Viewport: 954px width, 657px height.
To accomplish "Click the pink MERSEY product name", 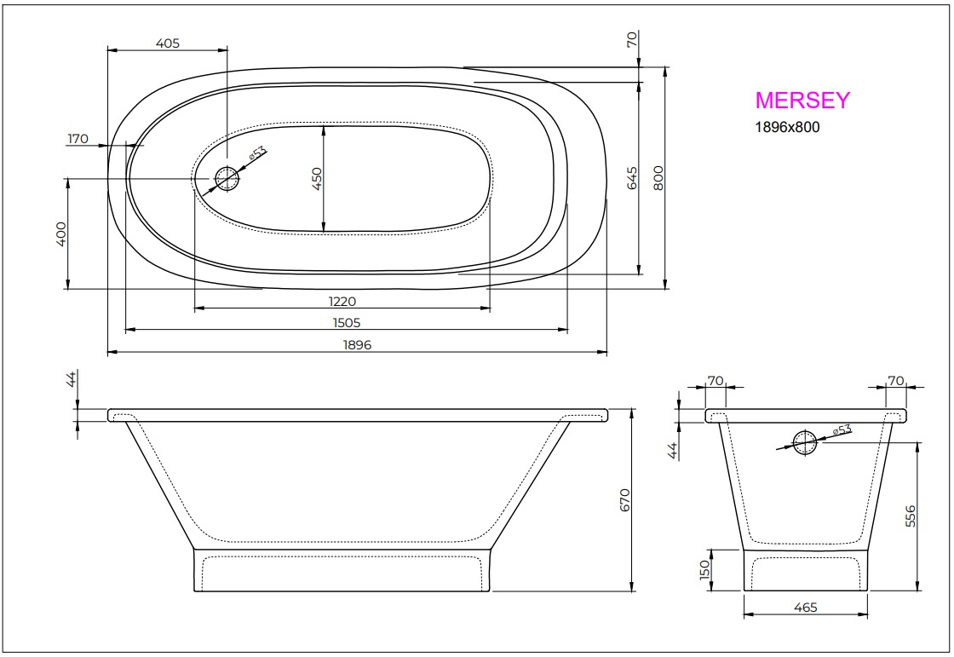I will [802, 101].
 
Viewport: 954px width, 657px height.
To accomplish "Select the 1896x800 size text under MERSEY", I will [788, 127].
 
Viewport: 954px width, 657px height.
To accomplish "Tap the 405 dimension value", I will [168, 43].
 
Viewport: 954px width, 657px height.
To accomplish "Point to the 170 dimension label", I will [78, 139].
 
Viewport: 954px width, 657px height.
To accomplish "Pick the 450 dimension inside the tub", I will [317, 178].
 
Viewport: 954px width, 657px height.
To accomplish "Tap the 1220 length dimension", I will [342, 301].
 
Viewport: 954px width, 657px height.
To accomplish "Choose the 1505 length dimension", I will [346, 322].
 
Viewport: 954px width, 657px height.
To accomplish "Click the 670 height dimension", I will [624, 499].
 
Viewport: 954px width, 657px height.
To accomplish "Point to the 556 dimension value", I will [911, 516].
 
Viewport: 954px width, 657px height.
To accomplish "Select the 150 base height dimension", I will [704, 570].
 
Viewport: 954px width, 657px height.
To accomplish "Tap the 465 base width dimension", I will [805, 608].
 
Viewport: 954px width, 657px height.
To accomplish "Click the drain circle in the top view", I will [227, 178].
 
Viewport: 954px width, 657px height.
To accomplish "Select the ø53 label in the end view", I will [842, 430].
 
